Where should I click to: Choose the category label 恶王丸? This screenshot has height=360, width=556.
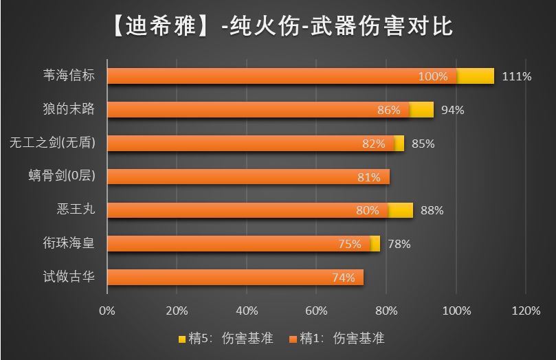coord(76,210)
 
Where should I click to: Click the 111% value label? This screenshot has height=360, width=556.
coord(517,76)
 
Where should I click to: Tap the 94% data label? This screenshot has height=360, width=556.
coord(453,110)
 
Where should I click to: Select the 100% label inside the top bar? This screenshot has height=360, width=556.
coord(433,76)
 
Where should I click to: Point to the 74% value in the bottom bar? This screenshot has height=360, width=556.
coord(343,278)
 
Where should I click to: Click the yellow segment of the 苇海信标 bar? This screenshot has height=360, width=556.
coord(476,76)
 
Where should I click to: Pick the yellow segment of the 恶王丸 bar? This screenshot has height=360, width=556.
coord(401,210)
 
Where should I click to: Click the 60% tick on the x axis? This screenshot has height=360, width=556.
coord(317,311)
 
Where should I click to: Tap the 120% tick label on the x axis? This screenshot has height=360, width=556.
coord(526,311)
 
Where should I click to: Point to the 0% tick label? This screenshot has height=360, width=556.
coord(107,311)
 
